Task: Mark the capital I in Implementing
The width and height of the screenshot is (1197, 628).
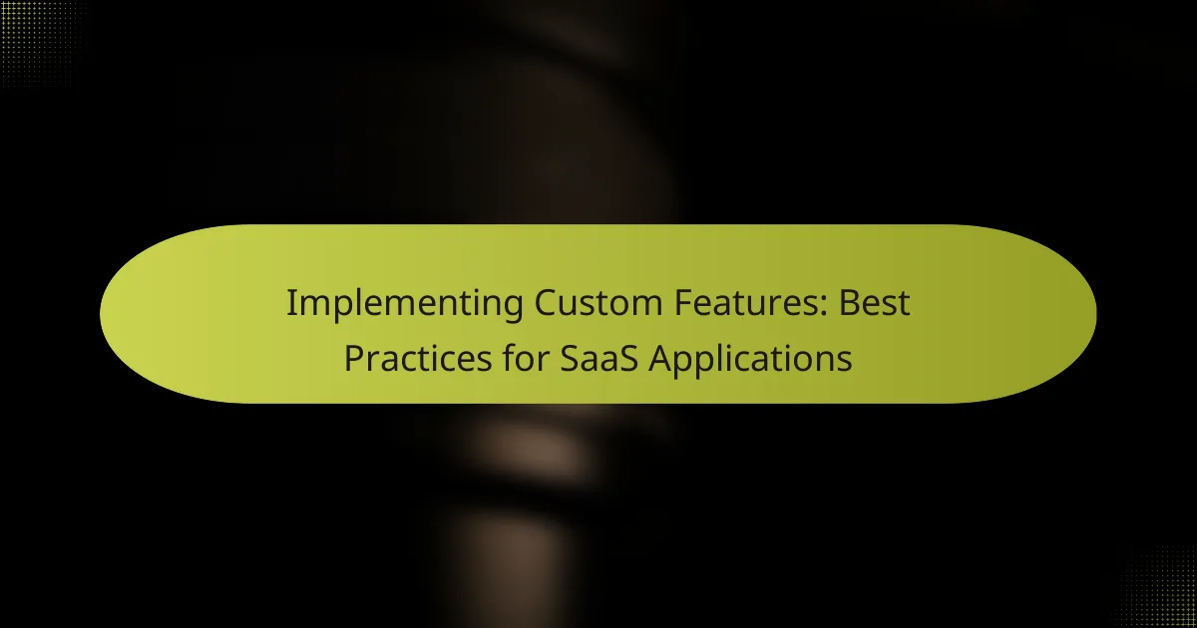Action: (290, 304)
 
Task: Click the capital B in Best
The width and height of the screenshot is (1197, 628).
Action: (851, 304)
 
